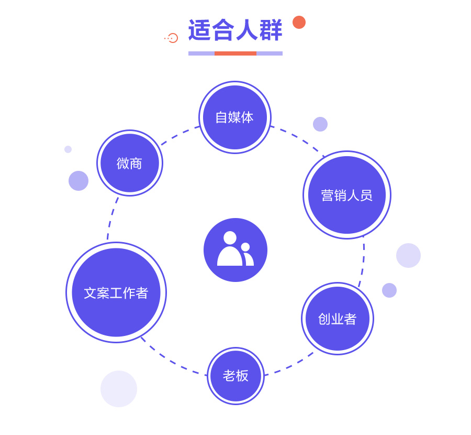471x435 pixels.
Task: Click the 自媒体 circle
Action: [235, 117]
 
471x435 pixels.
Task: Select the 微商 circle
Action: [130, 163]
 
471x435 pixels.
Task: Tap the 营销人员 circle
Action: [347, 195]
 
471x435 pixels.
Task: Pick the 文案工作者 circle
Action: [116, 292]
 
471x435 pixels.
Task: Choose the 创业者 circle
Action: [338, 319]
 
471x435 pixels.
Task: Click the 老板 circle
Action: [236, 376]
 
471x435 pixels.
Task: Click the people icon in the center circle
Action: [235, 248]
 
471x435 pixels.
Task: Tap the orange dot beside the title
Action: [299, 22]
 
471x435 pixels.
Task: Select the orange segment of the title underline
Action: [235, 53]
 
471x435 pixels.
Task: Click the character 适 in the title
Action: [200, 30]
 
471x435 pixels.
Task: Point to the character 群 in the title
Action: [271, 30]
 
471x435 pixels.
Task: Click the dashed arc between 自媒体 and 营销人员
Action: [299, 138]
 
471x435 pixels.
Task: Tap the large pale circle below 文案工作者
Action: [119, 389]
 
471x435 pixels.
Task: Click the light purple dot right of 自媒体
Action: [320, 124]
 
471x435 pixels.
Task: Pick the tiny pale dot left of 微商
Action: [68, 149]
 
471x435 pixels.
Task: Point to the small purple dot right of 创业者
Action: [389, 290]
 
